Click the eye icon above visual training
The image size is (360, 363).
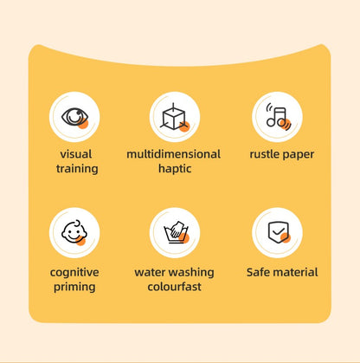(74, 116)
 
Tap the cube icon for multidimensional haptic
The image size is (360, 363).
(174, 116)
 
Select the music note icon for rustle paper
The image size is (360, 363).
(277, 116)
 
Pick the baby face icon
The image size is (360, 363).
(74, 232)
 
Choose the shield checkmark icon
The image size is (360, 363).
(277, 232)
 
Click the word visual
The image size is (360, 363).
(77, 154)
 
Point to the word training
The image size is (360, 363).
(77, 169)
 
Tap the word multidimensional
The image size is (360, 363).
(173, 154)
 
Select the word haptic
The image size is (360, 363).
(174, 169)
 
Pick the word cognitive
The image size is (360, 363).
(74, 272)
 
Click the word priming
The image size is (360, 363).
(74, 287)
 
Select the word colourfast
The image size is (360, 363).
(174, 287)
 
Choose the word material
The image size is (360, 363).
(297, 272)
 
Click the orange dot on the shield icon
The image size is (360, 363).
(285, 238)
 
